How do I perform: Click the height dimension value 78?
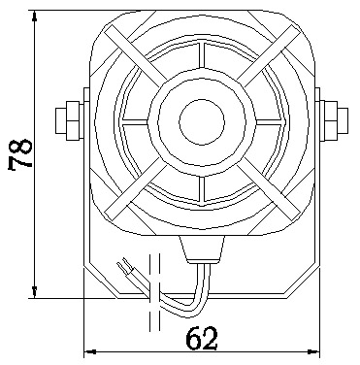tap(20, 154)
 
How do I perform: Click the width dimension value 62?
tap(202, 338)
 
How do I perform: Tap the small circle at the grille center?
tap(202, 121)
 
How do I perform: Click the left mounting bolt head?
tap(68, 120)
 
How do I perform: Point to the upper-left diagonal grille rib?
tap(135, 57)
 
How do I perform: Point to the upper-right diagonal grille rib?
tap(269, 57)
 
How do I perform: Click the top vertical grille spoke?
tap(202, 55)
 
